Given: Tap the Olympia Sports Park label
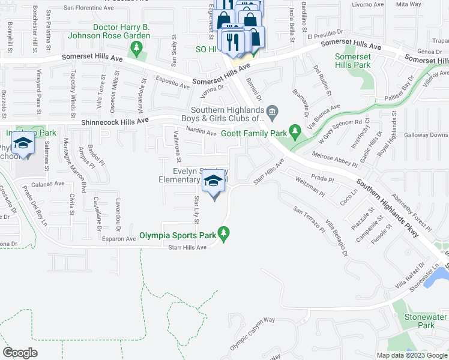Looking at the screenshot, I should (178, 236).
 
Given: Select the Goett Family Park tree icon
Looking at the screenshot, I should (294, 130).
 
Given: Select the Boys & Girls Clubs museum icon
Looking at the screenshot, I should (272, 111).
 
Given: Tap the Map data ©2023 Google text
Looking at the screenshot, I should (411, 355).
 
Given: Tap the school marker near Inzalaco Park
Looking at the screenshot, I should (23, 145).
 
